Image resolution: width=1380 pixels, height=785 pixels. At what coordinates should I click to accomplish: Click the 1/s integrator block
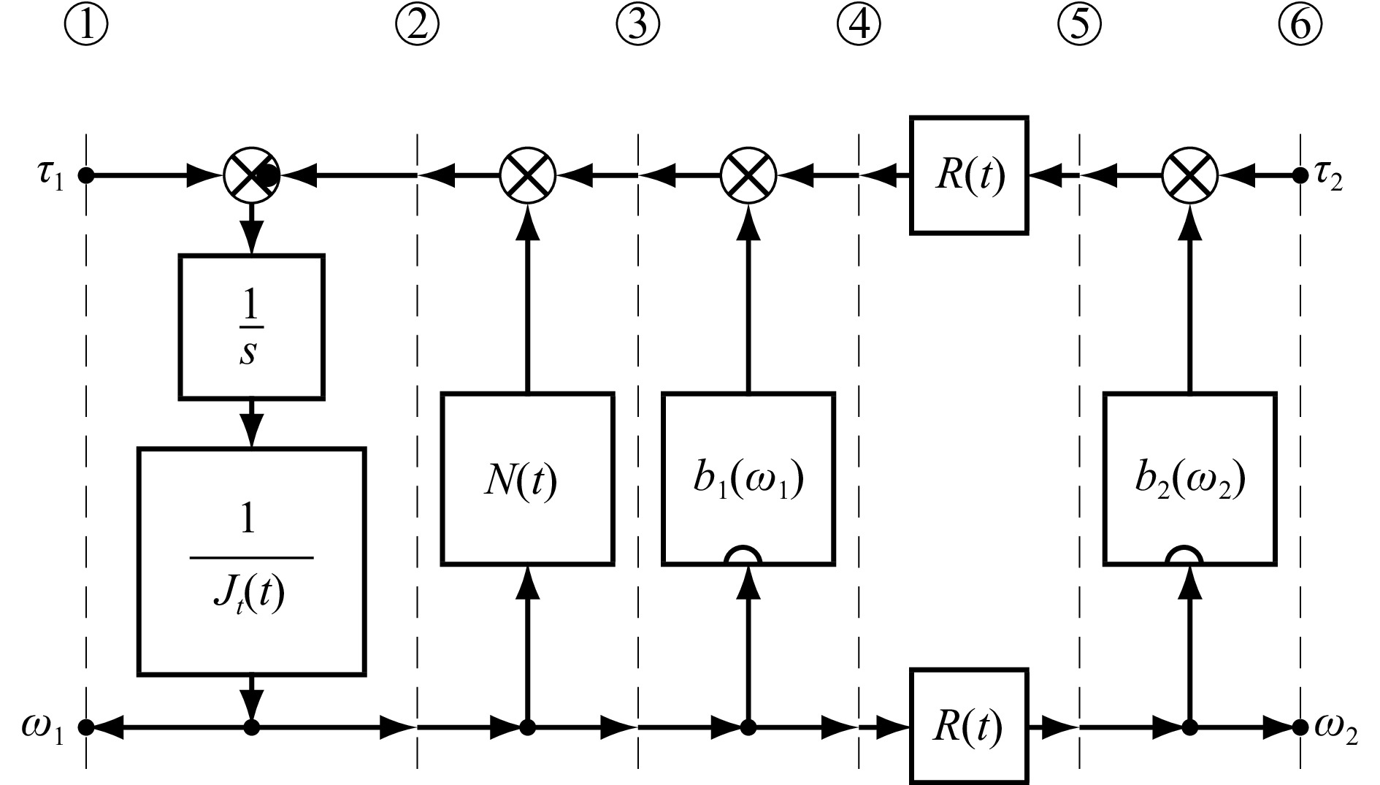(x=251, y=326)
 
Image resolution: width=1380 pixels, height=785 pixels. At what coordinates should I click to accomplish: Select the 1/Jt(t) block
(x=251, y=560)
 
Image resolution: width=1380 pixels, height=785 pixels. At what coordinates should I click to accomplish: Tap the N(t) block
(x=527, y=479)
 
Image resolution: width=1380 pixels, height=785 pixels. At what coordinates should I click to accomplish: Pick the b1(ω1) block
(x=748, y=479)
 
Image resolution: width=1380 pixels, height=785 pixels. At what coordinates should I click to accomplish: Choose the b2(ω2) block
(x=1190, y=479)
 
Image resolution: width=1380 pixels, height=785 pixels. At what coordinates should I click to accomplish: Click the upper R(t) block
(x=969, y=175)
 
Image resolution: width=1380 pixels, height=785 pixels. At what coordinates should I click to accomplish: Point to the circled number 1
(x=86, y=25)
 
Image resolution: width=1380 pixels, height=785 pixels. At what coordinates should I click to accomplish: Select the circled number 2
(x=417, y=25)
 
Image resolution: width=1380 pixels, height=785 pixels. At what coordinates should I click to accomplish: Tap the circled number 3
(x=637, y=25)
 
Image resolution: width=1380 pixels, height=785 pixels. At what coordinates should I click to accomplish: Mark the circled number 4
(x=859, y=25)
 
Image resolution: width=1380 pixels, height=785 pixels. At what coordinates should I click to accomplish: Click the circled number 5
(x=1079, y=25)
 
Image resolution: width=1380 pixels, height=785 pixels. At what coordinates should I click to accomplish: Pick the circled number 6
(x=1300, y=25)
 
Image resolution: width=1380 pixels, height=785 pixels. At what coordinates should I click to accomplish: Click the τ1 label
(x=50, y=178)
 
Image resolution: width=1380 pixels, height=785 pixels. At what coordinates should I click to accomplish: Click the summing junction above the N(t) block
(x=527, y=175)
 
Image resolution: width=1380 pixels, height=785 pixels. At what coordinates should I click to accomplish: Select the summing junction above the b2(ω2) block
(x=1190, y=175)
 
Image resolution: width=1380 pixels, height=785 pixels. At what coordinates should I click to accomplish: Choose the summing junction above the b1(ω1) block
(x=748, y=175)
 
